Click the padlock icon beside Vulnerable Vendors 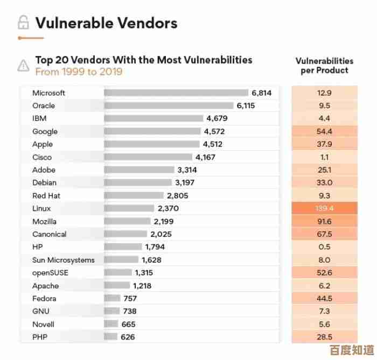[x=23, y=23]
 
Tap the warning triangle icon [x=23, y=66]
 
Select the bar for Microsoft [x=176, y=93]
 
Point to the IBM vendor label [x=39, y=118]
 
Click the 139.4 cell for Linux [x=325, y=208]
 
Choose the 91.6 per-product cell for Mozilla [x=325, y=221]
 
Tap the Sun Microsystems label [x=63, y=260]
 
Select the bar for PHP [x=110, y=337]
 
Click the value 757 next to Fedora [x=130, y=298]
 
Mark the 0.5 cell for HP [x=325, y=247]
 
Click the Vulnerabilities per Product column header [x=325, y=66]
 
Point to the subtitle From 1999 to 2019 [x=79, y=72]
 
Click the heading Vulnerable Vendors [x=106, y=23]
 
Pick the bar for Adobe [x=139, y=170]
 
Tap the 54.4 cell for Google [x=325, y=131]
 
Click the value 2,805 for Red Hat [x=177, y=195]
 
